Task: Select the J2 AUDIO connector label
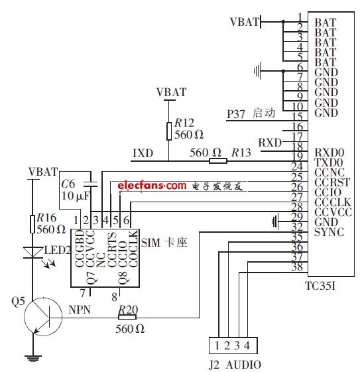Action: tap(235, 364)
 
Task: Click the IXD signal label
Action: tap(143, 154)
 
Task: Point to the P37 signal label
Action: tap(236, 113)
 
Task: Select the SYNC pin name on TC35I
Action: tap(328, 233)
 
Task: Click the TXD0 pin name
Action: tap(330, 160)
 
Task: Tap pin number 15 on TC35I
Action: tap(300, 116)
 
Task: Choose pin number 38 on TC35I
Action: tap(300, 267)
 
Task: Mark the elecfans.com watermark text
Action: tap(152, 186)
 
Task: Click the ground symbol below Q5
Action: tap(31, 359)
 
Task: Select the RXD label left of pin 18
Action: tap(269, 143)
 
